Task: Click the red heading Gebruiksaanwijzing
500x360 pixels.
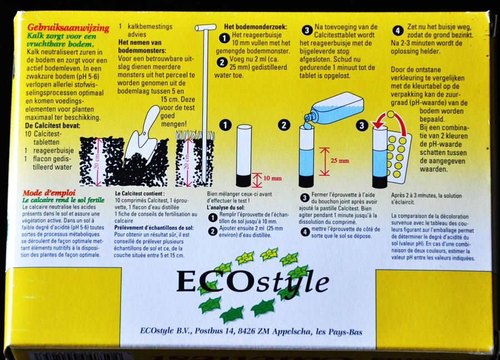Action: pos(68,28)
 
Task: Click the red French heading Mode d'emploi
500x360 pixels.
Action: pos(49,193)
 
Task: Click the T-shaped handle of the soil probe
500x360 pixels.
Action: pos(206,28)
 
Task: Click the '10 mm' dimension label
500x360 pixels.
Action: pos(272,178)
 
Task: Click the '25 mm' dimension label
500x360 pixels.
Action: pos(339,161)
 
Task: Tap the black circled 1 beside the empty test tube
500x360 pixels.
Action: pos(226,125)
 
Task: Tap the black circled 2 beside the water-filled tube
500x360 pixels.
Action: pos(284,125)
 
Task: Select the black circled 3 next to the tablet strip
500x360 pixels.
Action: pos(362,126)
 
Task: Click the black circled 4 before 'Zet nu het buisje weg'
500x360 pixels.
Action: pos(397,31)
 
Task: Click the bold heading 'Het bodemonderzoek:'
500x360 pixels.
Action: pos(256,27)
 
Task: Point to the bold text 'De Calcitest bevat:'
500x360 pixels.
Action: pos(53,126)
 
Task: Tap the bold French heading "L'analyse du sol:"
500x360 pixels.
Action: pos(226,208)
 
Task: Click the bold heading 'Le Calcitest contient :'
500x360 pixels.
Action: pos(140,193)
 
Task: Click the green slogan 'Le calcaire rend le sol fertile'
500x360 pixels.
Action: pos(63,200)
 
